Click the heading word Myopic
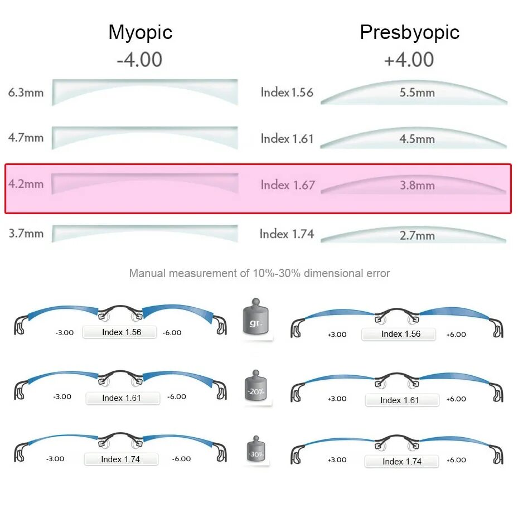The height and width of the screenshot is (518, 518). point(141,32)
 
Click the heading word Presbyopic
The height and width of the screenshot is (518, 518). point(409,32)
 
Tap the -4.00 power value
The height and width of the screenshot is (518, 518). point(139,60)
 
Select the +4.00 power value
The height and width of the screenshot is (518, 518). point(409,60)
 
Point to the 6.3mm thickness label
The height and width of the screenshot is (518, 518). point(26,93)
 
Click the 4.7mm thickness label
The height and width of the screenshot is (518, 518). point(26,137)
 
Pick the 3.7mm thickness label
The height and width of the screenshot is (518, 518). point(26,233)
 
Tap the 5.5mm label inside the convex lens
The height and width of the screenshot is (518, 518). point(417,93)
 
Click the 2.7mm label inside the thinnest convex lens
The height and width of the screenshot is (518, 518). point(417,236)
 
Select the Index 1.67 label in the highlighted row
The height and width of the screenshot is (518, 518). point(288,185)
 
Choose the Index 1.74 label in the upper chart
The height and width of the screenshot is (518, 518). point(287,234)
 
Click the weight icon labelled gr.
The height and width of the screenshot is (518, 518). point(256,321)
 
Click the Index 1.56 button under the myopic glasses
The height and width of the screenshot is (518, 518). point(121,332)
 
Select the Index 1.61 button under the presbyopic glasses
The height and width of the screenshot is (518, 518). point(399,400)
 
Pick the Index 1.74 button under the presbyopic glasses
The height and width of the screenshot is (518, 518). point(401,462)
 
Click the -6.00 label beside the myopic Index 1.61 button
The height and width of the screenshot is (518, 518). point(176,396)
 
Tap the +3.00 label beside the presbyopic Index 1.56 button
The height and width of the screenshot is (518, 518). point(337,335)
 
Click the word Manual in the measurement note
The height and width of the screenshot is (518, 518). point(147,273)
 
